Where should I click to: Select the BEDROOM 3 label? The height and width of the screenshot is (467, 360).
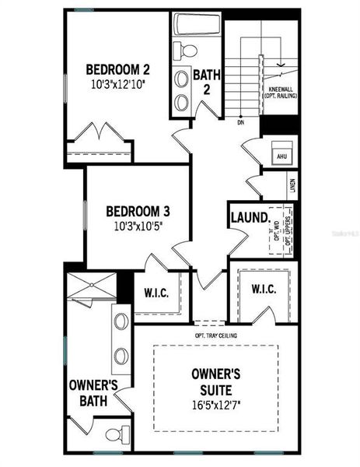[x=138, y=211]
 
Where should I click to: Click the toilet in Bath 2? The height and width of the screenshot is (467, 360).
[x=187, y=51]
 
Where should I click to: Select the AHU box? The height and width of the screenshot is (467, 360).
[x=281, y=156]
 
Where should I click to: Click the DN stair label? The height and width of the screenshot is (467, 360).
[x=241, y=123]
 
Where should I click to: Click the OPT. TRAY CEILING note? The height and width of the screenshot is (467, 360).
[x=216, y=335]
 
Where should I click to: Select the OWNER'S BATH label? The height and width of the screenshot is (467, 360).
[x=93, y=392]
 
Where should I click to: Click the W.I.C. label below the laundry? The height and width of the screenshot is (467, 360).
[x=263, y=289]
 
